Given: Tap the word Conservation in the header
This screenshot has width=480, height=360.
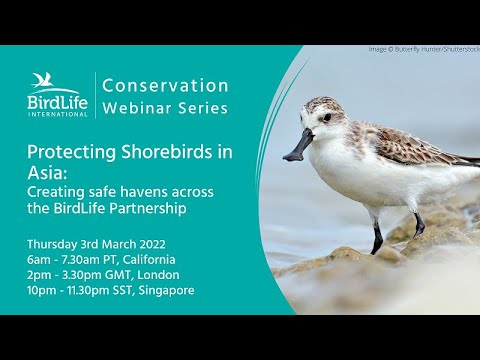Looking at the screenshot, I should (166, 86).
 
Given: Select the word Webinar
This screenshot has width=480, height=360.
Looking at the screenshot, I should (143, 108).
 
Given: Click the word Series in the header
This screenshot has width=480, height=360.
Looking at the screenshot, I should (204, 108).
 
